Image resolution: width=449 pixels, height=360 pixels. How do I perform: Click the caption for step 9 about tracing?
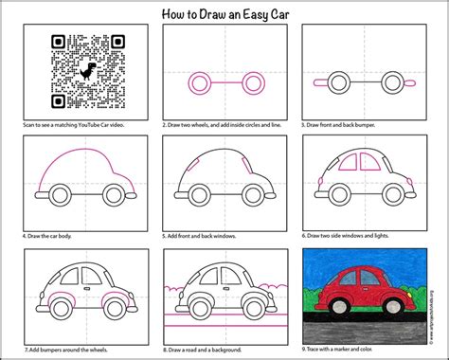342,352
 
